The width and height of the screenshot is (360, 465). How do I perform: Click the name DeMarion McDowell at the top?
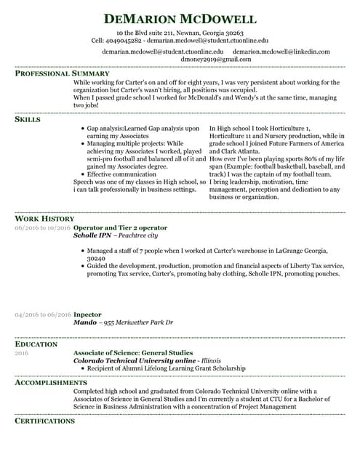pyautogui.click(x=180, y=19)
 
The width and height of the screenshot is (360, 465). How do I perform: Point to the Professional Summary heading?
pyautogui.click(x=63, y=74)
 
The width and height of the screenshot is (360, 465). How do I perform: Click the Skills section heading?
pyautogui.click(x=28, y=119)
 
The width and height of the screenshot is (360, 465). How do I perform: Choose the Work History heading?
pyautogui.click(x=44, y=219)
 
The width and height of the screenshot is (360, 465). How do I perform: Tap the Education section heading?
pyautogui.click(x=36, y=344)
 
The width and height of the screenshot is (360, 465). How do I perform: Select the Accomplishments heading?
pyautogui.click(x=51, y=382)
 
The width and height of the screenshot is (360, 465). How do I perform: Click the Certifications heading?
pyautogui.click(x=44, y=421)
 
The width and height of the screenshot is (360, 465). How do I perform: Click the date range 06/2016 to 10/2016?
pyautogui.click(x=43, y=228)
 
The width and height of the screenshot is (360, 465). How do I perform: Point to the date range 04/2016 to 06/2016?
pyautogui.click(x=43, y=315)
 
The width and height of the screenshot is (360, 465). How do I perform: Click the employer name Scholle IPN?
pyautogui.click(x=92, y=236)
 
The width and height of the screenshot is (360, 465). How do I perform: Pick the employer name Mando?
pyautogui.click(x=85, y=323)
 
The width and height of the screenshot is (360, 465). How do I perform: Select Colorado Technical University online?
pyautogui.click(x=135, y=361)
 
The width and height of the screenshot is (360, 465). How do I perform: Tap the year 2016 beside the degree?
pyautogui.click(x=22, y=353)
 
